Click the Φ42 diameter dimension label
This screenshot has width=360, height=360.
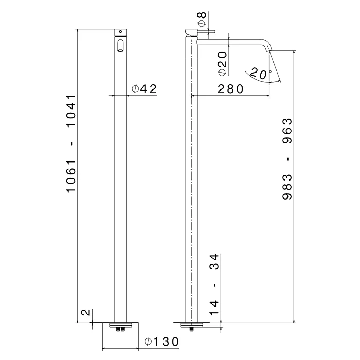[x=144, y=89]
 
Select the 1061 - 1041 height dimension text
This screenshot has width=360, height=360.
[x=71, y=143]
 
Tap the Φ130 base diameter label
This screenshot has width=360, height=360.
[x=161, y=341]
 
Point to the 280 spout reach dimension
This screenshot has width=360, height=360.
[x=230, y=89]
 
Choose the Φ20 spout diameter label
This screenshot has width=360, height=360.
[x=223, y=64]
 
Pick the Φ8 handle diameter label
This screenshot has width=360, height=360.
[x=202, y=19]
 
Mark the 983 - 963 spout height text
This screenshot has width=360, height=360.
[x=287, y=159]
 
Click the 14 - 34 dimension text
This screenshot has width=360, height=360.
[x=214, y=284]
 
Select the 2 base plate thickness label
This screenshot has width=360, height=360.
[x=86, y=313]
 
